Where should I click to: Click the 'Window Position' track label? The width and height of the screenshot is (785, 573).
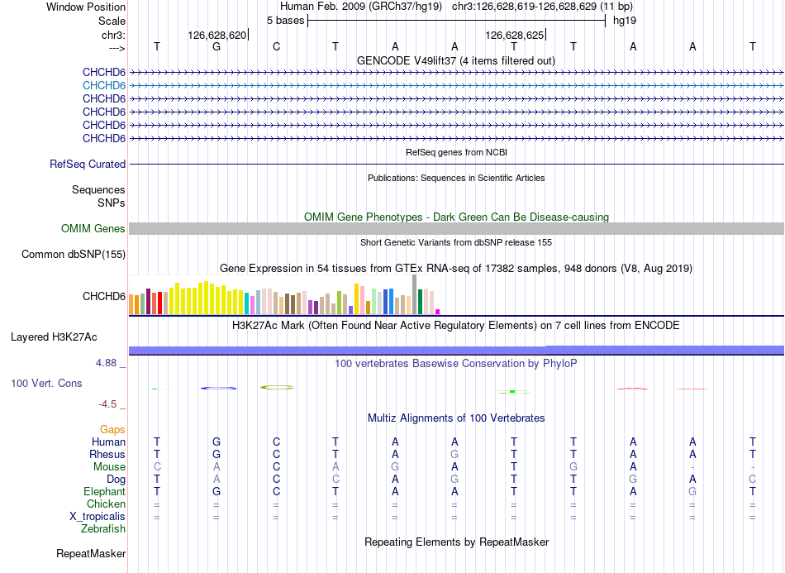[x=86, y=7]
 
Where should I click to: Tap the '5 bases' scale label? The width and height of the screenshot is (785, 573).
[x=285, y=21]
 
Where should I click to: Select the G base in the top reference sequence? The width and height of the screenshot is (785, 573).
[x=216, y=46]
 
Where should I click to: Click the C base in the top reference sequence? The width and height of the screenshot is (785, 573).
[x=276, y=46]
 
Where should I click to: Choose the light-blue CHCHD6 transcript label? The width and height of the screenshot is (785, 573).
[x=104, y=86]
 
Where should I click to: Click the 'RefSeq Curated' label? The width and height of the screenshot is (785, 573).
[x=88, y=165]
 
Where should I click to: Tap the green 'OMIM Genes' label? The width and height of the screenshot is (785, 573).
[x=93, y=229]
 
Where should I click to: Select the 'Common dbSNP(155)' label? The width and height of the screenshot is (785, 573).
[x=74, y=255]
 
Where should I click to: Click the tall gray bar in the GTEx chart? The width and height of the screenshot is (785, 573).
[x=414, y=294]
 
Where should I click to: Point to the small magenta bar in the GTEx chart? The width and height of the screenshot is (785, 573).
[x=438, y=312]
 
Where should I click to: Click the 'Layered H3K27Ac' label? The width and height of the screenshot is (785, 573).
[x=54, y=337]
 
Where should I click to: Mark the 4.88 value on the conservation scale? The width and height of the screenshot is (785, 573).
[x=106, y=363]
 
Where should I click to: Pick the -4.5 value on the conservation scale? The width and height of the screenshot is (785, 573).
[x=107, y=404]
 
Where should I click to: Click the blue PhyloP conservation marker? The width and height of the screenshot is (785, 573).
[x=218, y=388]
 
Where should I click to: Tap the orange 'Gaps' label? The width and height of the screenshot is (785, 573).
[x=112, y=430]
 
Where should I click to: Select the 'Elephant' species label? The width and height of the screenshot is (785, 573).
[x=105, y=492]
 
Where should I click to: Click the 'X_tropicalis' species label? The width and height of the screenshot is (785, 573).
[x=98, y=517]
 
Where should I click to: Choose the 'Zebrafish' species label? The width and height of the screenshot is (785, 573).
[x=103, y=529]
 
